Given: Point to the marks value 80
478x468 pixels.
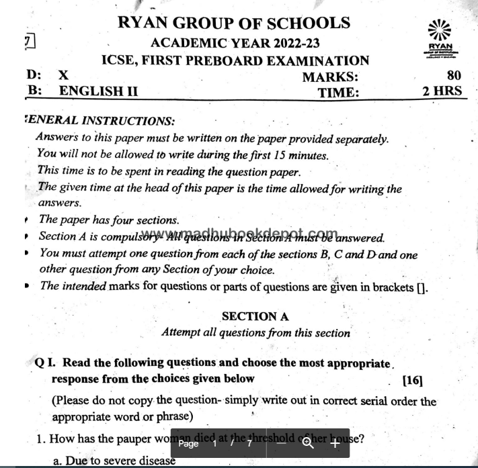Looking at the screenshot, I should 454,77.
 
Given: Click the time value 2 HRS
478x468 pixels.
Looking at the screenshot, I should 442,91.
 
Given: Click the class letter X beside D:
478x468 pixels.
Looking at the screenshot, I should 63,76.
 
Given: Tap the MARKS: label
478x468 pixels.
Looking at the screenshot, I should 330,77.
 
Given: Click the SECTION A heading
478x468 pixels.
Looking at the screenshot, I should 255,316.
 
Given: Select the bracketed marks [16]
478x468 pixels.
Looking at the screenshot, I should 412,380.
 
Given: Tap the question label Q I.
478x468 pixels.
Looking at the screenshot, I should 45,363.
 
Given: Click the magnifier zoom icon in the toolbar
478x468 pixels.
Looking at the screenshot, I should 309,443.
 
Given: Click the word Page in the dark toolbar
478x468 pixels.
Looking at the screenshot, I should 189,444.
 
